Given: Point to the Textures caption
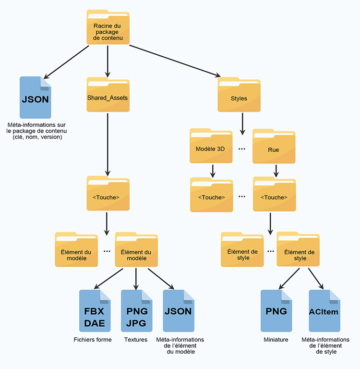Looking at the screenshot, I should pos(136,340).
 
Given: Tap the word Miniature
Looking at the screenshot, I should pos(276,340).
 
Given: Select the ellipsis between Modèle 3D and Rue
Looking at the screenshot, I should pos(242,149).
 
